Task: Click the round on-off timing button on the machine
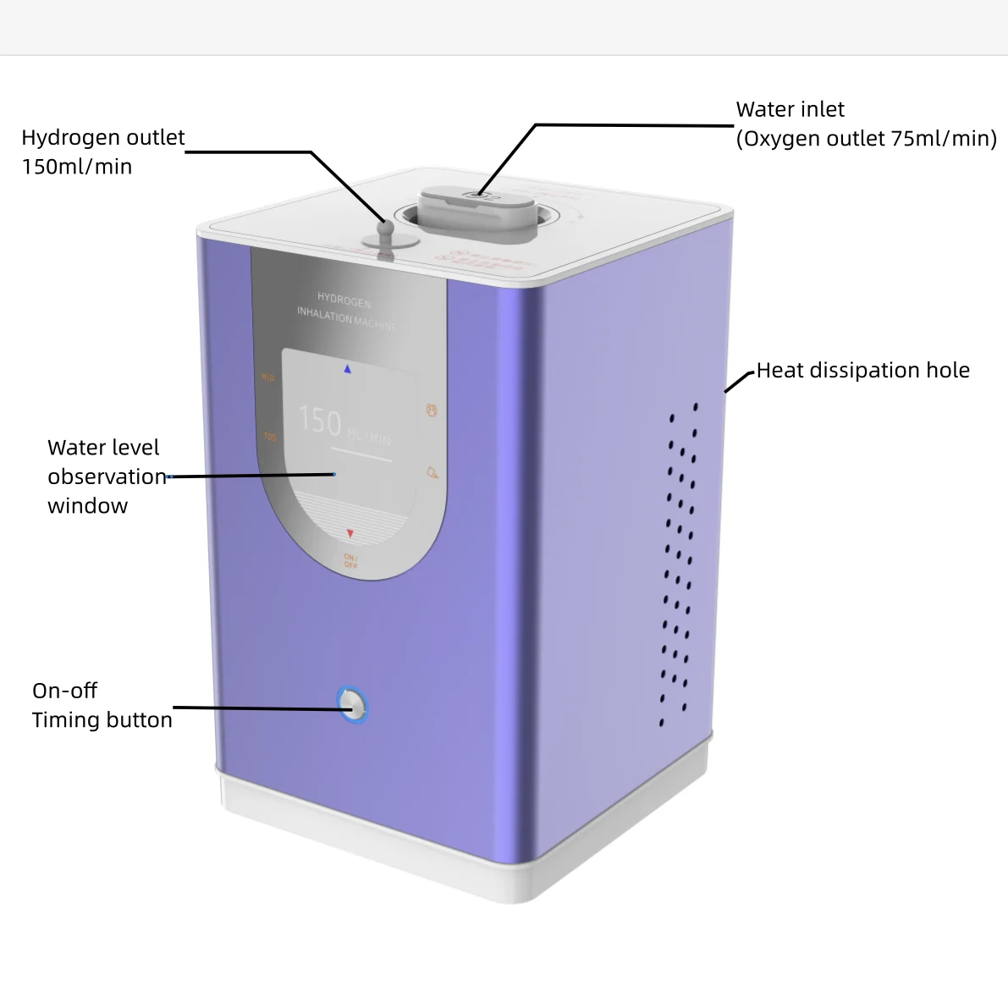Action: click(x=353, y=705)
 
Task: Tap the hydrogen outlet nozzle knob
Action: click(x=386, y=230)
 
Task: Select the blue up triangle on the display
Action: click(x=347, y=369)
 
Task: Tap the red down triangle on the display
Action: click(x=350, y=534)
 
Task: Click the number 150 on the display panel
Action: click(x=320, y=421)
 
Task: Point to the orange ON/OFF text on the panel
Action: click(x=350, y=560)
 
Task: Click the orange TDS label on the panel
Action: click(x=270, y=437)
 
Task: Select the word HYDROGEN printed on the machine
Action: click(x=344, y=300)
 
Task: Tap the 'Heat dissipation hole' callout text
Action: click(x=862, y=371)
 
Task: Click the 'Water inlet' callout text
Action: click(x=790, y=110)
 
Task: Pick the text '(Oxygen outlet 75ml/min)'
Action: click(x=866, y=139)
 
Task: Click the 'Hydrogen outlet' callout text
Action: click(x=102, y=138)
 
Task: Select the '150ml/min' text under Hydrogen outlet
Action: click(x=77, y=167)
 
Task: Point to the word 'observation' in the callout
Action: click(x=107, y=477)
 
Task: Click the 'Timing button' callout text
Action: click(x=102, y=720)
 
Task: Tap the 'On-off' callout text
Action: click(x=64, y=691)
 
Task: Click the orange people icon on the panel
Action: click(x=432, y=410)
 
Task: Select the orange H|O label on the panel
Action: click(x=267, y=377)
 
